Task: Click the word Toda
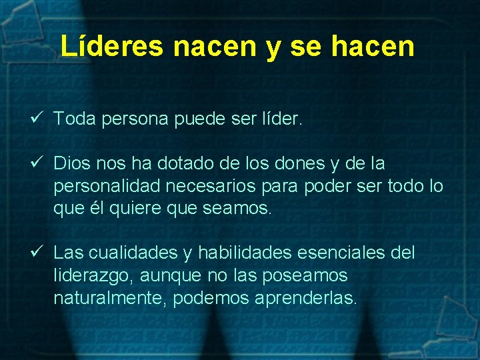point(75,119)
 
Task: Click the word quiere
point(139,209)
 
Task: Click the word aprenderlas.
point(306,298)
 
